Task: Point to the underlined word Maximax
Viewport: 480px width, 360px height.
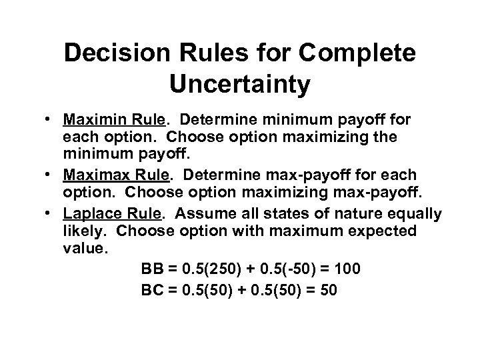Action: [x=107, y=175]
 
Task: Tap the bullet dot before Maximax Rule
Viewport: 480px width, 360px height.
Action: [x=68, y=175]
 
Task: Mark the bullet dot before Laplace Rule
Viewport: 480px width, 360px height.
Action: [x=68, y=214]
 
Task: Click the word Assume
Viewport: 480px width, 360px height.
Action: [x=207, y=213]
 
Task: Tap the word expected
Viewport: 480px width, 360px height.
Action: [x=380, y=231]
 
